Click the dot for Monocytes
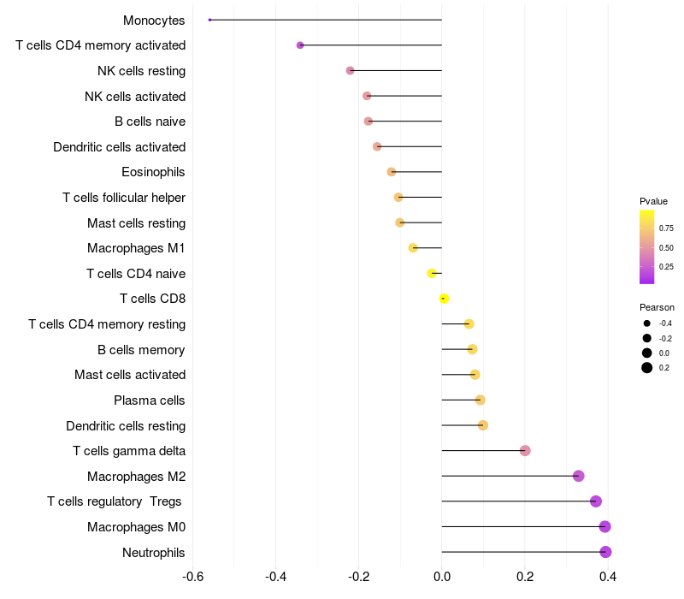209,20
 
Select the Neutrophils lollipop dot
605,552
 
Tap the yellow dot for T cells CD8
444,299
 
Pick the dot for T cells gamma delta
525,451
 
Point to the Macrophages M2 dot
579,476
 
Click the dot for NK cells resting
350,70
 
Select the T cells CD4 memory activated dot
300,44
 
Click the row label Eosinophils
153,172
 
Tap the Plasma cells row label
150,400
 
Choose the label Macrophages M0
136,527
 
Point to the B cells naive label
150,122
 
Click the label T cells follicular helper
124,198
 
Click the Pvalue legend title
653,201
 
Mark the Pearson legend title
657,307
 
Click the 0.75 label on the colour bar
666,228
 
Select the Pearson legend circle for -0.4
647,323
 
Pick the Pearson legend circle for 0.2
647,368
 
